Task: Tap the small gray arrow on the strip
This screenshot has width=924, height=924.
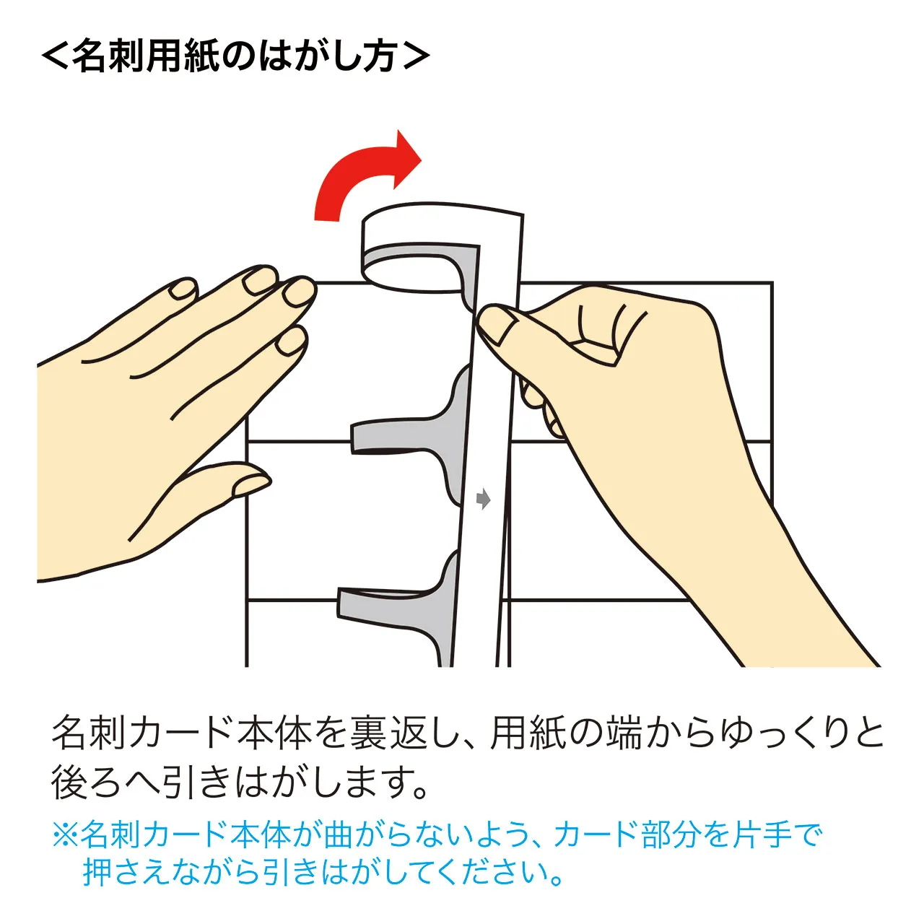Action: pos(484,499)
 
